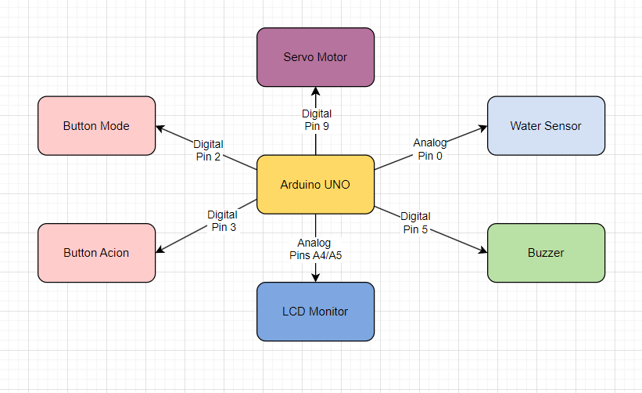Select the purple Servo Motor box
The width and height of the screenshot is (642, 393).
(x=315, y=57)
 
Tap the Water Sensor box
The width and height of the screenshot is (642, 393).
(x=546, y=125)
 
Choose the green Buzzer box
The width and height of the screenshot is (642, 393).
(x=546, y=253)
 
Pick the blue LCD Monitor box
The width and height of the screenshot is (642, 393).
(x=315, y=311)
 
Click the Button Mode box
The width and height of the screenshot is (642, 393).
(x=96, y=125)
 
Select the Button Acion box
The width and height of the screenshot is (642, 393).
(x=96, y=253)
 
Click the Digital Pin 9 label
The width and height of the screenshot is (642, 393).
(x=315, y=118)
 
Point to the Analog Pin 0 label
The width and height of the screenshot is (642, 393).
(x=430, y=149)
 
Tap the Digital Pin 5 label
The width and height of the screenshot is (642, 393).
(x=415, y=222)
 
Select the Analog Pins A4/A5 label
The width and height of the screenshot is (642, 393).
(x=314, y=249)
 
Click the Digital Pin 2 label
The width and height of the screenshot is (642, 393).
(x=208, y=150)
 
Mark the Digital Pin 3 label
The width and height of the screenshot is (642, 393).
(x=222, y=221)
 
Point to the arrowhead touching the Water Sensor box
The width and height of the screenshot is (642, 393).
(x=482, y=127)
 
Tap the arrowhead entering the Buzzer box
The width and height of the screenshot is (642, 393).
(x=482, y=251)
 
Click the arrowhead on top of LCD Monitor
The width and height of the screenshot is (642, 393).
(x=315, y=277)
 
